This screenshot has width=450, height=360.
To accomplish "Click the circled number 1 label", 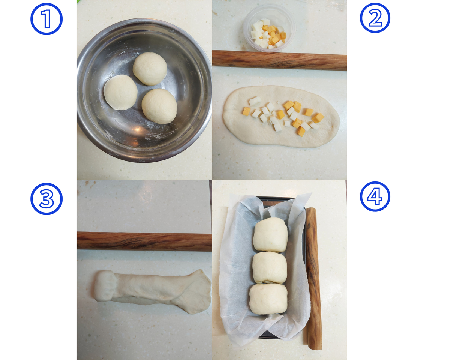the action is point(46,19).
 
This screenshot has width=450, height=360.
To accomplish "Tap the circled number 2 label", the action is point(375,18).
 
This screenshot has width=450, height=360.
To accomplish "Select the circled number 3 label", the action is point(46,199).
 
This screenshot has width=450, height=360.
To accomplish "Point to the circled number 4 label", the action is point(375,196).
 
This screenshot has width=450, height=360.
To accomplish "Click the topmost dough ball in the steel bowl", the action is point(150,69).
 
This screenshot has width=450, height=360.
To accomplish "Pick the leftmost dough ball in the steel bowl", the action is point(120,92).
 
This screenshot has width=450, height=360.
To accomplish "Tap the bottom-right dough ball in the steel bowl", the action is point(159,106).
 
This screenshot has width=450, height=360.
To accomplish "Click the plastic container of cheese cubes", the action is point(270,28).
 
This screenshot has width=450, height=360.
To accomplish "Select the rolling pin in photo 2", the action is point(279,60).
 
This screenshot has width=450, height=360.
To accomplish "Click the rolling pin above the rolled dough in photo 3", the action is point(144,241).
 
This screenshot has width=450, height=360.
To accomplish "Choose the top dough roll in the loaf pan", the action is point(271,235).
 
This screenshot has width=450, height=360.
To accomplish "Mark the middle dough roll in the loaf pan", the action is point(270,268).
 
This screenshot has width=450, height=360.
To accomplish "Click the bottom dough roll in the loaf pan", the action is point(268,299).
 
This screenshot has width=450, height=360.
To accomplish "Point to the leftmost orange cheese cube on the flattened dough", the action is point(246,111).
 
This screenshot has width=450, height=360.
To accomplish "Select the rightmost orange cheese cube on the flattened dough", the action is point(318,118).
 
